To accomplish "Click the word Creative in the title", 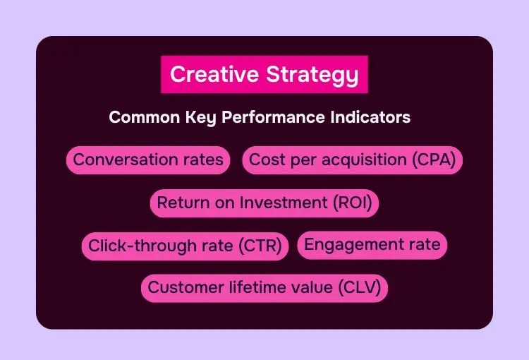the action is (214, 74).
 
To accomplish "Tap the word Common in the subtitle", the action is (145, 117).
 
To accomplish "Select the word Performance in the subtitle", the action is (273, 117).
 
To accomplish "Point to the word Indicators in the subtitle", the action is (370, 117).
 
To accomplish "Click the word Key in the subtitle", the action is (200, 118).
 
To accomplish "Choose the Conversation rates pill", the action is (148, 160).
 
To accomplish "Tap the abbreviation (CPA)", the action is (434, 160).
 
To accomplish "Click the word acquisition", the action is (364, 160).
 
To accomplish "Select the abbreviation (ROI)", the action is (353, 203).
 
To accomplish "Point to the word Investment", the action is (284, 203).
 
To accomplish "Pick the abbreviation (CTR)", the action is (260, 246).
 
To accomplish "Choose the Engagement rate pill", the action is (372, 245).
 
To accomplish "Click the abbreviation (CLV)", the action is (360, 287).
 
